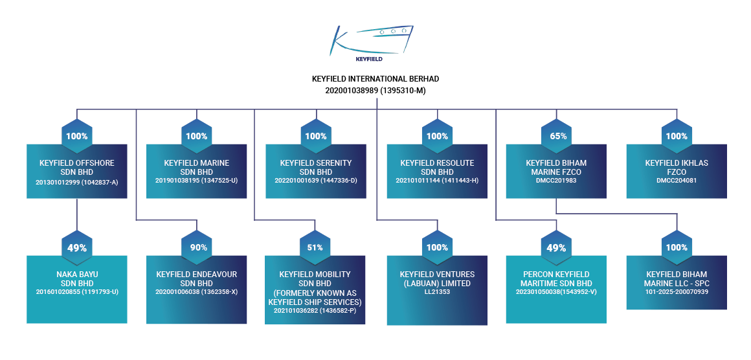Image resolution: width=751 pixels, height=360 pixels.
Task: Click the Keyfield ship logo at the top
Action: coord(371,43)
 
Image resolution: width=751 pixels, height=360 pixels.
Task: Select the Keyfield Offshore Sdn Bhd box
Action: coord(76,172)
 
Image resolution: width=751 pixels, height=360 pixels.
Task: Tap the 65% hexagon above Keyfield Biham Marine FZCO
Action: coord(557,136)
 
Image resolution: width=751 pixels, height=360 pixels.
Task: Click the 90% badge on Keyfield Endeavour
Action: coord(197,247)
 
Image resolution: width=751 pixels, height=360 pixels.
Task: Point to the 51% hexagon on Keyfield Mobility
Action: coord(316,247)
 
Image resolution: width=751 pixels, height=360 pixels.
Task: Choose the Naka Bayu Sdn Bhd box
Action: coord(76,289)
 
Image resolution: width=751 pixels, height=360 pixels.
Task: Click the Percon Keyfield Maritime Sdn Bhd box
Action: coord(557,289)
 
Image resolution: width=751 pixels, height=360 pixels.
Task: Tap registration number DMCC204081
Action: coord(677,181)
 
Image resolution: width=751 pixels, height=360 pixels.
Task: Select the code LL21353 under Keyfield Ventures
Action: coord(437,291)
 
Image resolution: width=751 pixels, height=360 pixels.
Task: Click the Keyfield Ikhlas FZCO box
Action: coord(677,172)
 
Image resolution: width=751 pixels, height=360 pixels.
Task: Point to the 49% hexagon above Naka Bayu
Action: coord(76,247)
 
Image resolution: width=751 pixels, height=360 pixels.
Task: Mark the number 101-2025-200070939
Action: coord(677,291)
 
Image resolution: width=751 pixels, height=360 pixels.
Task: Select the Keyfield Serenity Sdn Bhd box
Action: coord(316,172)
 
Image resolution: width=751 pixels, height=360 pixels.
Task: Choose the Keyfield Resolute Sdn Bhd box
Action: coord(437,172)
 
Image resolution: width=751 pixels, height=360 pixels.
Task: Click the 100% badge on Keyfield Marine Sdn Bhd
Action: coord(197,136)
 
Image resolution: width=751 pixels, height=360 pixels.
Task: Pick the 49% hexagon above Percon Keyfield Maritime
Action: coord(557,247)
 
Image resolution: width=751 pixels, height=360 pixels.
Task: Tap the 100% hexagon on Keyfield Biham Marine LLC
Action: coord(677,247)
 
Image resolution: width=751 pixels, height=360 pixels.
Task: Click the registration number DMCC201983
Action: coord(556,181)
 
